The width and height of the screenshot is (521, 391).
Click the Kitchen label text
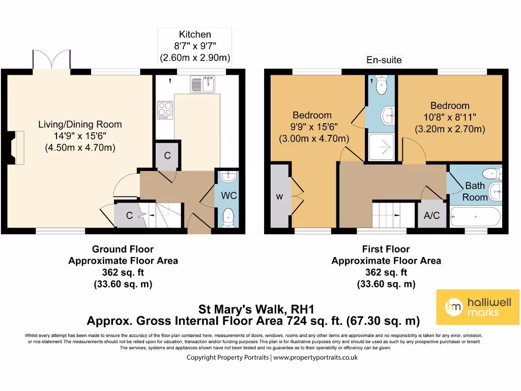pos(195,35)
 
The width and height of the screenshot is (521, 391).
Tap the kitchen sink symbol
pos(204,84)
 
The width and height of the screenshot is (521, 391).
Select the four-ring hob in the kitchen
pos(165,110)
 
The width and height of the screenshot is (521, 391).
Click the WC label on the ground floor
pos(229,196)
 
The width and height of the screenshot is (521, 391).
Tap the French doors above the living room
pos(51,60)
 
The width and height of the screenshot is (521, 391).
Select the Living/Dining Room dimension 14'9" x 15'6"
pos(80,136)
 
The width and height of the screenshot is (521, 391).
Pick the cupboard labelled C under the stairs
pos(129,216)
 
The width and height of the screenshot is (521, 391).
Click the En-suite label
pos(384,60)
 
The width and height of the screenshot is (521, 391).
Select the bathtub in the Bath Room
pos(476,217)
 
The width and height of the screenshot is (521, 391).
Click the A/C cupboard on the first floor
pos(431,215)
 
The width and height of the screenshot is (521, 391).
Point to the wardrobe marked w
pos(279,197)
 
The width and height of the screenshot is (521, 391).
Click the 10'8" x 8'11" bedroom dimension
pos(450,118)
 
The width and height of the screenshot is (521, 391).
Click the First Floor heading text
pos(386,249)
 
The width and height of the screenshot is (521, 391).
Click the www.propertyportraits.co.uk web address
pos(315,357)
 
